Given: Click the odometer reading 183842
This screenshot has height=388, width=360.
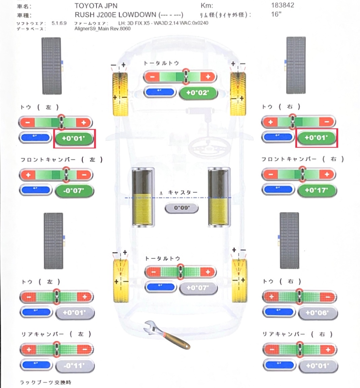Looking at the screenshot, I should [x=282, y=5].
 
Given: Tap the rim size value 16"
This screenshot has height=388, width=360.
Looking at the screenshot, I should [x=276, y=14].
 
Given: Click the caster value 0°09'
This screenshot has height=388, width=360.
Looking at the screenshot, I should [x=182, y=208].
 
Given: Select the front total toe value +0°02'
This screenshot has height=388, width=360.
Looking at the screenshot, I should [x=197, y=93].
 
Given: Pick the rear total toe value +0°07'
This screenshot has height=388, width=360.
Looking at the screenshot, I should [x=198, y=288].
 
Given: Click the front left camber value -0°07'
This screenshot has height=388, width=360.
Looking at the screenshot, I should [x=74, y=191].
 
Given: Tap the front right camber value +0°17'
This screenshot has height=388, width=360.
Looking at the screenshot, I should [x=317, y=190].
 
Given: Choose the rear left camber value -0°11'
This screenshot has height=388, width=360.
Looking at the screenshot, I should [x=74, y=365].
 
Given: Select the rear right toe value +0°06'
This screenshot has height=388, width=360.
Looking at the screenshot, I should [x=317, y=313].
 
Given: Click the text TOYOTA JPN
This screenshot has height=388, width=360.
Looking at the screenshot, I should [x=96, y=6].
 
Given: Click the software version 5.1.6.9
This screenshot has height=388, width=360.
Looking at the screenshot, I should [x=59, y=23].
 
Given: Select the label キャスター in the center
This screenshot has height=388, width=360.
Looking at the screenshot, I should [x=183, y=192].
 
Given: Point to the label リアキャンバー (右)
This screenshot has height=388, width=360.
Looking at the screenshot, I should [x=298, y=334].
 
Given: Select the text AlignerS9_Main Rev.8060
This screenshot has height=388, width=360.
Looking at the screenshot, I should [x=102, y=29].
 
